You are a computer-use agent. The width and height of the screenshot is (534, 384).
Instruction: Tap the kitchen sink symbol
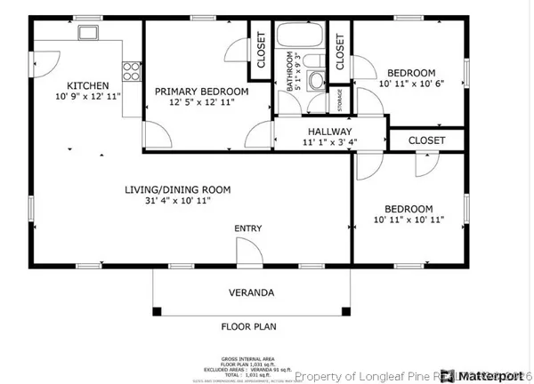(x=88, y=33)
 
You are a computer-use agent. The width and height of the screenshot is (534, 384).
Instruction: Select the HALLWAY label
(x=329, y=131)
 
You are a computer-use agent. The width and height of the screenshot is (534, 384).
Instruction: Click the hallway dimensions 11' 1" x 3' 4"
(x=329, y=141)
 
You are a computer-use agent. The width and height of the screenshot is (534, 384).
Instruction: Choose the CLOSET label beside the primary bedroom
(x=261, y=51)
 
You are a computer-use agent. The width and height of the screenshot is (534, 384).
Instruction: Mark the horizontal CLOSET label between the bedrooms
(x=426, y=140)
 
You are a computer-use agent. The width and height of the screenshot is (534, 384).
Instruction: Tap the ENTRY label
(x=248, y=228)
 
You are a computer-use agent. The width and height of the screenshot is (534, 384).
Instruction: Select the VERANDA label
(x=249, y=292)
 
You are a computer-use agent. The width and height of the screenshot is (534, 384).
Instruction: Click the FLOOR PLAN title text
(x=249, y=326)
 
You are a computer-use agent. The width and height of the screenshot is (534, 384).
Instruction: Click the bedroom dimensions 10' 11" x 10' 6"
(x=410, y=84)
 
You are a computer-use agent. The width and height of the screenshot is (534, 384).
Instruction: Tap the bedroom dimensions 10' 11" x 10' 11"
(x=409, y=219)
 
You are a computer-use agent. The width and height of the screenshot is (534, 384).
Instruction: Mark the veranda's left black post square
(x=158, y=311)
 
